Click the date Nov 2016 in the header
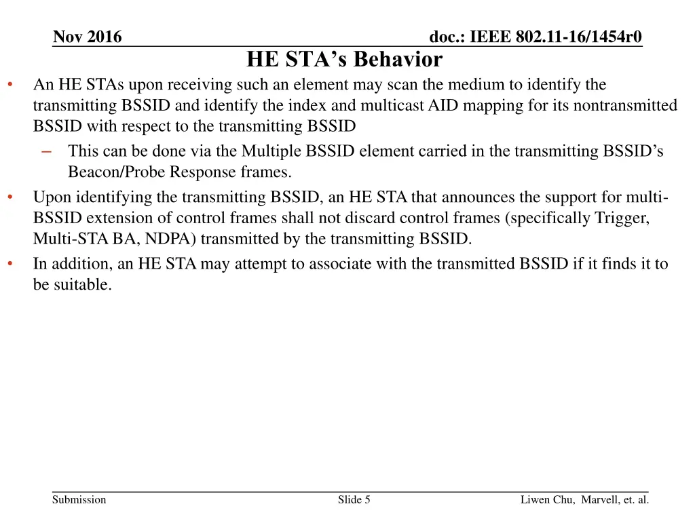88,37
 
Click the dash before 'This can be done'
46,151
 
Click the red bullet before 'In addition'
10,264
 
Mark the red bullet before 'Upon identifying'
10,197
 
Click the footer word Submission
79,500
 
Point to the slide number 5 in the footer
367,500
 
